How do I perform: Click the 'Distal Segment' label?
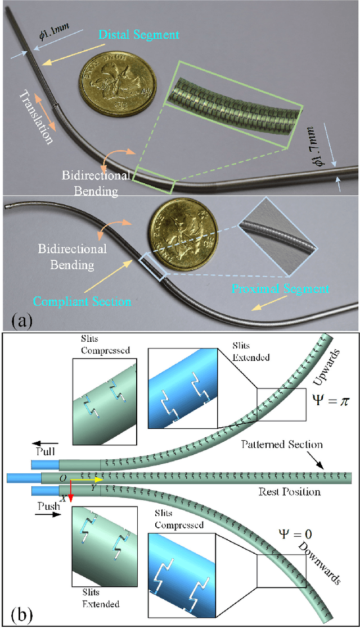point(138,35)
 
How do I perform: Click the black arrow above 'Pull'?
point(47,443)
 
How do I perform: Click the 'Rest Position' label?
point(289,492)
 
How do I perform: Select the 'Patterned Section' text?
point(282,445)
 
